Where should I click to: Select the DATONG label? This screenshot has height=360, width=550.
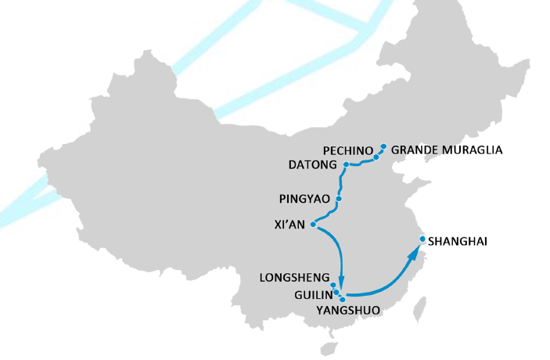[x=312, y=165]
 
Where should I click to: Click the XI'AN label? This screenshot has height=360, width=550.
[x=289, y=225]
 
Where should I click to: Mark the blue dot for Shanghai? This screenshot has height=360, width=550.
[x=422, y=239]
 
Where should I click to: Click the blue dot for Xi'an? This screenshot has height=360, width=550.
[x=313, y=225]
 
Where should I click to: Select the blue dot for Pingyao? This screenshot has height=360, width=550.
[x=338, y=199]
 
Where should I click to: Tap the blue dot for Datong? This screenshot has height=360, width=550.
[x=345, y=164]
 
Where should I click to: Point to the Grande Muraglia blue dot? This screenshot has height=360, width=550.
[x=383, y=146]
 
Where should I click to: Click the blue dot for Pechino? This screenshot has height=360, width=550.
[x=376, y=157]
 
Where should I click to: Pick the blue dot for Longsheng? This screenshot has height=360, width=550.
[x=333, y=285]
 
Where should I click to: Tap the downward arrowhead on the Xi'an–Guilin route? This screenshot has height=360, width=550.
[x=342, y=283]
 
